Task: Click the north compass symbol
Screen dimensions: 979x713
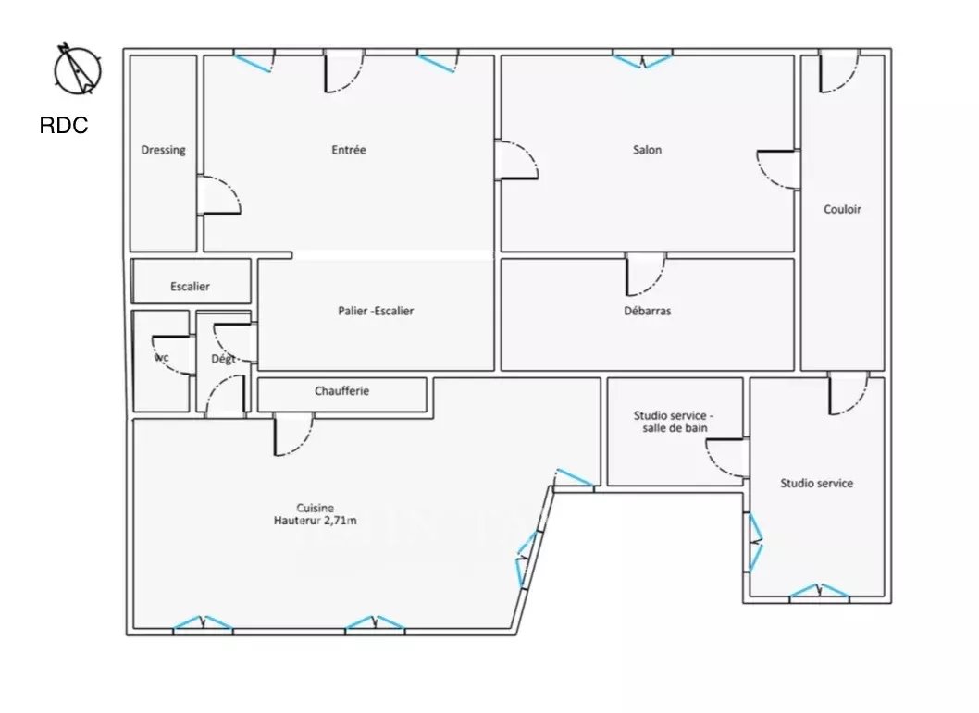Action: [78, 69]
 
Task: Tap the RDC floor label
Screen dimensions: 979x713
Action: [64, 126]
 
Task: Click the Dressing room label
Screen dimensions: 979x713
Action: [163, 150]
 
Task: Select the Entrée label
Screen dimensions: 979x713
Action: [349, 150]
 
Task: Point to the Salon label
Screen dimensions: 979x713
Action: [647, 150]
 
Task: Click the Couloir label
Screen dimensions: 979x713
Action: [842, 210]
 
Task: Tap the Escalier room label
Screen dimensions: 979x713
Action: [190, 287]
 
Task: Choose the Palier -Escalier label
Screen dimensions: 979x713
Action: [376, 311]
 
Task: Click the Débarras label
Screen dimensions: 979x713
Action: [648, 311]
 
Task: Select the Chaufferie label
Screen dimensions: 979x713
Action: [341, 391]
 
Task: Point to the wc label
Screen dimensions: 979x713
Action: [161, 358]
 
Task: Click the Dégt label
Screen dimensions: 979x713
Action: [223, 360]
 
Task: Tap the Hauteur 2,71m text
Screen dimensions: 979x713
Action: [316, 521]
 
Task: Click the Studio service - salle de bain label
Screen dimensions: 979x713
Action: [674, 422]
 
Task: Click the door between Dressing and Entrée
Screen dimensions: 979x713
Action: [218, 195]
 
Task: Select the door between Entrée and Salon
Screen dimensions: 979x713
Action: [516, 160]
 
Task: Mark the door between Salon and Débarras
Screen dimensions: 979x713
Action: [646, 274]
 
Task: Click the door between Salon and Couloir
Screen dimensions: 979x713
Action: [778, 169]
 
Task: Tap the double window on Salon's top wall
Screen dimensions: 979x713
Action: [642, 60]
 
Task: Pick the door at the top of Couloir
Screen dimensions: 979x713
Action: [840, 72]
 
